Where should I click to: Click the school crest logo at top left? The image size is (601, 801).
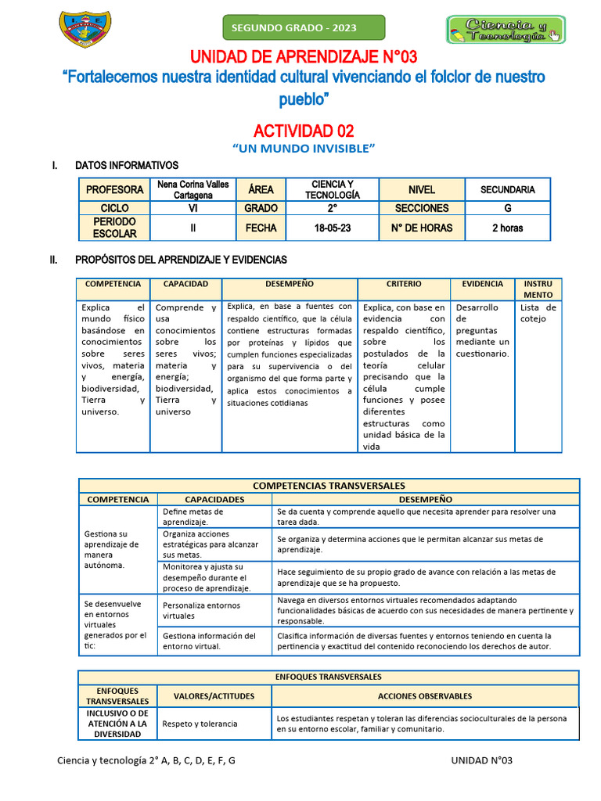click(85, 29)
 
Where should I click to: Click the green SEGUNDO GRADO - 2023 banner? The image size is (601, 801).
click(304, 27)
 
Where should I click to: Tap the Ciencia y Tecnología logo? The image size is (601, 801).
click(506, 29)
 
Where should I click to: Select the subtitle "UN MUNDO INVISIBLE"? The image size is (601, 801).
click(304, 148)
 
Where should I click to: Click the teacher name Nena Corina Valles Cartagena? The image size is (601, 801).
click(193, 189)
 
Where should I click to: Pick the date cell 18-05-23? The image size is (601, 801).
click(332, 228)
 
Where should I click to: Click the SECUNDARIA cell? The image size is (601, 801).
click(507, 189)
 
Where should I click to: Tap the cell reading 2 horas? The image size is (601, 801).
click(507, 228)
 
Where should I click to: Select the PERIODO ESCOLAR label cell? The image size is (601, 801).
click(114, 228)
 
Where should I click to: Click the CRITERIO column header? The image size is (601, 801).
click(403, 284)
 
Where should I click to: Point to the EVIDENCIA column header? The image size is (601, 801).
click(482, 284)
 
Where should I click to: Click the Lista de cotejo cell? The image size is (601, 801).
click(538, 313)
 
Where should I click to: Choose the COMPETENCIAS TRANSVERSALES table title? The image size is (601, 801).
click(329, 486)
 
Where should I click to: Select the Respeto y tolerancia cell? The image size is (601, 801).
click(200, 724)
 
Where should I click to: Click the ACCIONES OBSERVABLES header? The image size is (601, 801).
click(424, 695)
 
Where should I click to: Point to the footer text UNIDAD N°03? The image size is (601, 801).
click(481, 760)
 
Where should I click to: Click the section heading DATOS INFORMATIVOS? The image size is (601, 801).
click(126, 165)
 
